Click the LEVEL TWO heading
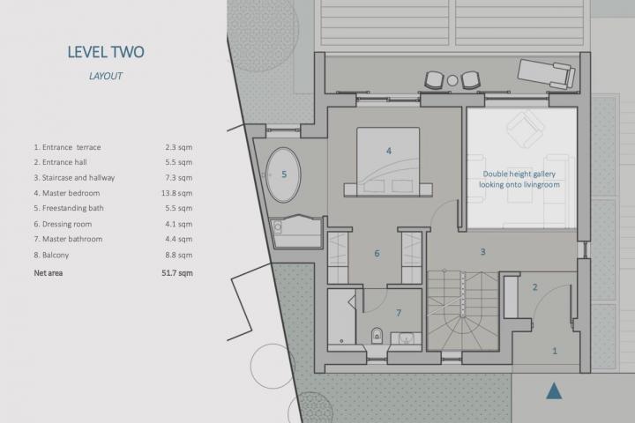coord(106,52)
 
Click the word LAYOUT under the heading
coord(106,76)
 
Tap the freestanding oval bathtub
coord(283,174)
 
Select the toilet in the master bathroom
coord(377,335)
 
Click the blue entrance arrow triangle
coord(554,390)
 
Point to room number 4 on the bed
coord(389,151)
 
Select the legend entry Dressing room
coord(63,224)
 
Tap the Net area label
coord(49,273)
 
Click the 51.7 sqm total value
coord(177,273)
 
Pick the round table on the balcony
coord(452,80)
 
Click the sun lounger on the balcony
coord(546,73)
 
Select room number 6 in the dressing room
coord(377,254)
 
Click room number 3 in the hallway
coord(482,252)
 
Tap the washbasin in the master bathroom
coord(406,338)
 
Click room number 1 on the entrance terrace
coord(555,351)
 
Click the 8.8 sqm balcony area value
coord(178,255)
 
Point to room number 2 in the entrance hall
coord(535,287)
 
